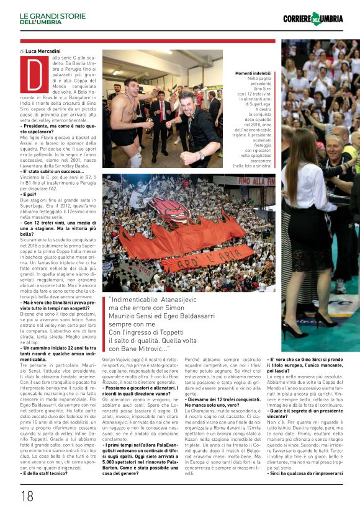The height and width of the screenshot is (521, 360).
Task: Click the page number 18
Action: pyautogui.click(x=27, y=496)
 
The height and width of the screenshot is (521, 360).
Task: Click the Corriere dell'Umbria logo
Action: pyautogui.click(x=313, y=18)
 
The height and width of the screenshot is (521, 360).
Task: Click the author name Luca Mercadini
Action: pyautogui.click(x=43, y=50)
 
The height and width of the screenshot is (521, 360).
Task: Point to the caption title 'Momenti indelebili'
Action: pyautogui.click(x=253, y=73)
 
